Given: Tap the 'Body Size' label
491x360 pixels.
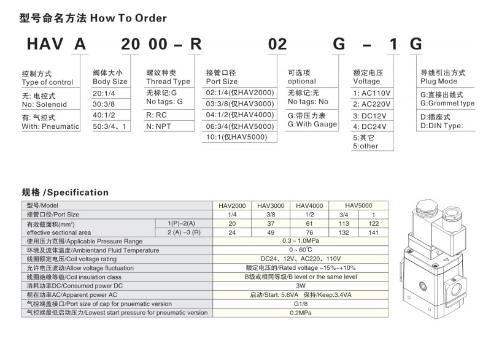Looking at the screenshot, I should (110, 82).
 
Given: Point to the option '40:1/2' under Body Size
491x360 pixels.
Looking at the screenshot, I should (105, 115).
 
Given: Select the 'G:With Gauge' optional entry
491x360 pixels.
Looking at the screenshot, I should (312, 124).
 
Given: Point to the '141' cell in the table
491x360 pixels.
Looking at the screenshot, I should (373, 232).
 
